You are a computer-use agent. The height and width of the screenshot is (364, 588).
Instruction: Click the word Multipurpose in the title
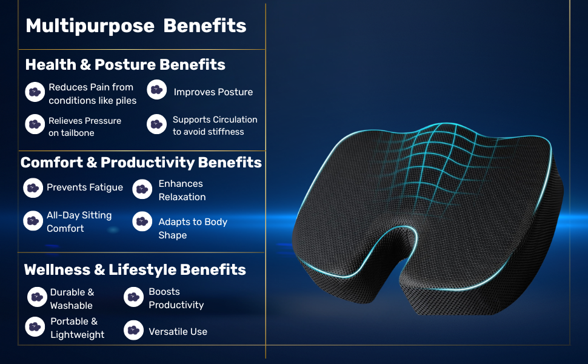tap(90, 26)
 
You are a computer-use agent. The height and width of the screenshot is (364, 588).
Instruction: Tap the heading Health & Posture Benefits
tap(125, 64)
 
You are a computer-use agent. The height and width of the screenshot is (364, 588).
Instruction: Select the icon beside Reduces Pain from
tap(35, 92)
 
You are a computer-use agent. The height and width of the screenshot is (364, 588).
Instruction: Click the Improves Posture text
tap(213, 92)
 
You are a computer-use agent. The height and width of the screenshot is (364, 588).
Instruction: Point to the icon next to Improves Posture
tap(157, 90)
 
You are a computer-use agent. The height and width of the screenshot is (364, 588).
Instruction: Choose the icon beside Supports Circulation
tap(156, 124)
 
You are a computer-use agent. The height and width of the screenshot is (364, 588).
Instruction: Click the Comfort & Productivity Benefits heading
tap(141, 163)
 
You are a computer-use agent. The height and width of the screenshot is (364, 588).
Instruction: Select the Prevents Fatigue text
tap(85, 187)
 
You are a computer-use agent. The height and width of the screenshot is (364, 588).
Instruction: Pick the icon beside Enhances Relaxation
tap(142, 189)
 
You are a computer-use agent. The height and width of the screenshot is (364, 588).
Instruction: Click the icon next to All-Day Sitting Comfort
tap(33, 221)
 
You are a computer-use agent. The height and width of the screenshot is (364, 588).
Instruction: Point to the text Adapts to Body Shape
tap(193, 228)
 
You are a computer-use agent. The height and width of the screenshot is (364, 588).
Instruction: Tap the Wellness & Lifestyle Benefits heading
tap(135, 270)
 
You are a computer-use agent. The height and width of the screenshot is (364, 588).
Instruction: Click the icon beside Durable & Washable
tap(37, 297)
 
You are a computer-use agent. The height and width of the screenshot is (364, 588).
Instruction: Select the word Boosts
tap(164, 292)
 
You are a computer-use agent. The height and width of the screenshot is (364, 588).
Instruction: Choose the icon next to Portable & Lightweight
tap(35, 327)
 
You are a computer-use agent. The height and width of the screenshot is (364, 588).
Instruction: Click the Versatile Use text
tap(178, 332)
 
